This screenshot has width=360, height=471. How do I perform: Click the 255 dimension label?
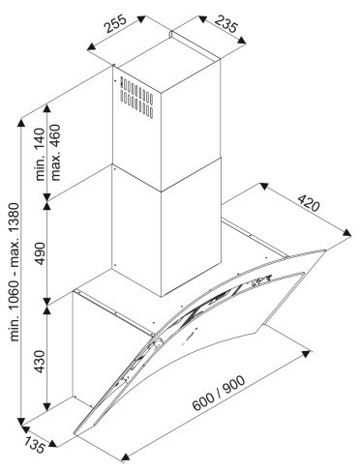point(116,24)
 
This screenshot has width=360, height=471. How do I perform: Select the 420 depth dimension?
point(308,203)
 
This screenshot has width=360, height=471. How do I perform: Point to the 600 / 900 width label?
point(219,394)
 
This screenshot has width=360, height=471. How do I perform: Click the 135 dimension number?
point(35,446)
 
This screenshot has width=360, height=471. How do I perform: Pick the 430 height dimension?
point(40,362)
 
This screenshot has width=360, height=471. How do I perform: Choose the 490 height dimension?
point(40,252)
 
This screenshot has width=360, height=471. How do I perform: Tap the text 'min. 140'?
point(40,154)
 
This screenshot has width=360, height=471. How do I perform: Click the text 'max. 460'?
point(55,152)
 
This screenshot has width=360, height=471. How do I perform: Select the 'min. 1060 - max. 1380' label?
point(15,272)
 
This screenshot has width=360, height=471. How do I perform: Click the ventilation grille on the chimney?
point(136,98)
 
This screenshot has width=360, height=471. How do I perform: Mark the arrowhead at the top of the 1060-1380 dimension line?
point(21,123)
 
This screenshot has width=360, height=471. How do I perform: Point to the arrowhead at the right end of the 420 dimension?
point(347,233)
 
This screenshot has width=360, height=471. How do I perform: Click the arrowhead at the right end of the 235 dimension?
point(242,41)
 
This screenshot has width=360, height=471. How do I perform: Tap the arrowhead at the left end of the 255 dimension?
point(92,47)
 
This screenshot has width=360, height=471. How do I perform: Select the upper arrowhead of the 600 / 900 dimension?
point(306,354)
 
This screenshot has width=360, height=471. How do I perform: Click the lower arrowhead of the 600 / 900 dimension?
point(126,456)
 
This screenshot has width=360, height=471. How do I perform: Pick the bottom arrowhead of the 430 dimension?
point(47,407)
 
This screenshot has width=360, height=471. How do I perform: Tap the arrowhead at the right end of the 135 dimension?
point(53,444)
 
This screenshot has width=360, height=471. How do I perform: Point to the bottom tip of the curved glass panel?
point(75,433)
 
